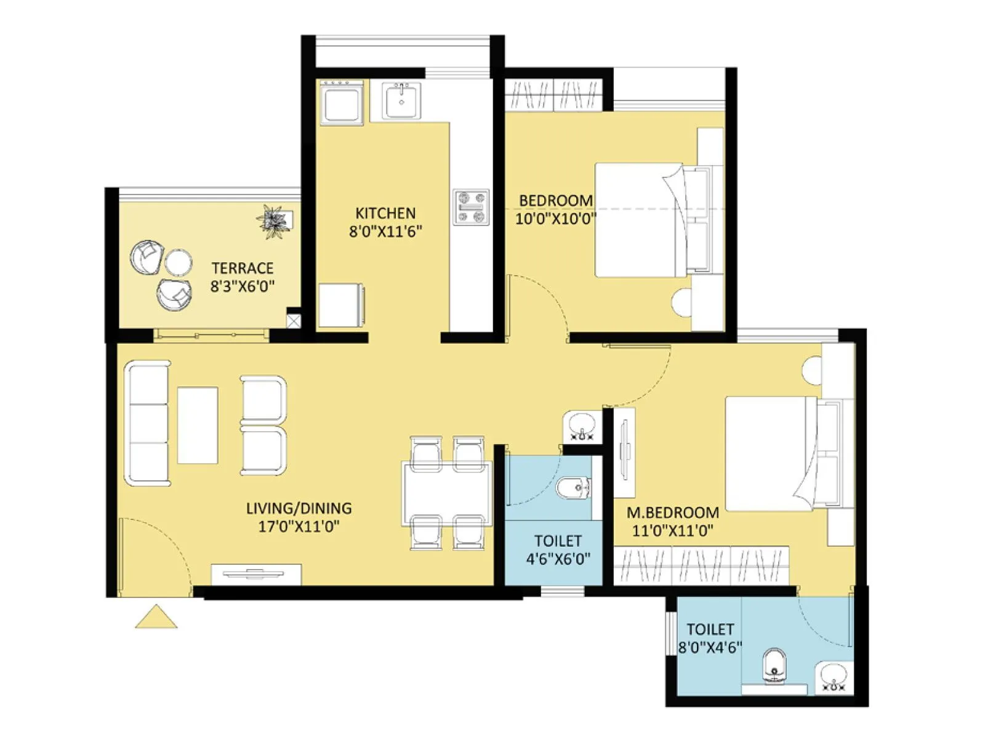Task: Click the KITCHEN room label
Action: point(385,213)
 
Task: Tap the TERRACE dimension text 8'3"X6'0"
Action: point(242,286)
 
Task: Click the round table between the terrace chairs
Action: point(178,262)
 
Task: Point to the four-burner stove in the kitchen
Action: point(472,208)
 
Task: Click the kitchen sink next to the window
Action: point(401,100)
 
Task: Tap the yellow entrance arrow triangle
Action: point(156,618)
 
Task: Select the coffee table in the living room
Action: point(198,425)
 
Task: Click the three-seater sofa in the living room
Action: point(147,424)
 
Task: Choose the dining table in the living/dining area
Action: point(447,493)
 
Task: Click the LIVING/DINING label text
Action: point(299,508)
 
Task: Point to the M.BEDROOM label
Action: point(672,512)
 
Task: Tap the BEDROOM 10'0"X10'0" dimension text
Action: point(555,219)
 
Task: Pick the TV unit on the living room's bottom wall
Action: point(256,574)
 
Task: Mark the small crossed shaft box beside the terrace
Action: point(294,321)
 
